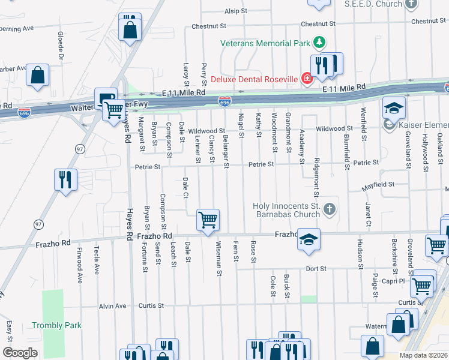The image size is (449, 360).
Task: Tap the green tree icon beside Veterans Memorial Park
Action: [321, 43]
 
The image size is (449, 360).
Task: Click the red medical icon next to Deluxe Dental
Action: [307, 79]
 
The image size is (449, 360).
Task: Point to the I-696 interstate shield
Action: [224, 102]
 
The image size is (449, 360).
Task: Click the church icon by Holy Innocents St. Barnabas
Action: [328, 209]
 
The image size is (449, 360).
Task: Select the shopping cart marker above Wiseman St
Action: [208, 220]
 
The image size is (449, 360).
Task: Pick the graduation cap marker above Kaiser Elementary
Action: [394, 108]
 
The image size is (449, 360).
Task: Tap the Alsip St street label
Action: [235, 11]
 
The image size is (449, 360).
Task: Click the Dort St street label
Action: [315, 269]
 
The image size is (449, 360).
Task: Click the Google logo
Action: [20, 352]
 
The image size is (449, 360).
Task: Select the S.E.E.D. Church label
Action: [373, 4]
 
